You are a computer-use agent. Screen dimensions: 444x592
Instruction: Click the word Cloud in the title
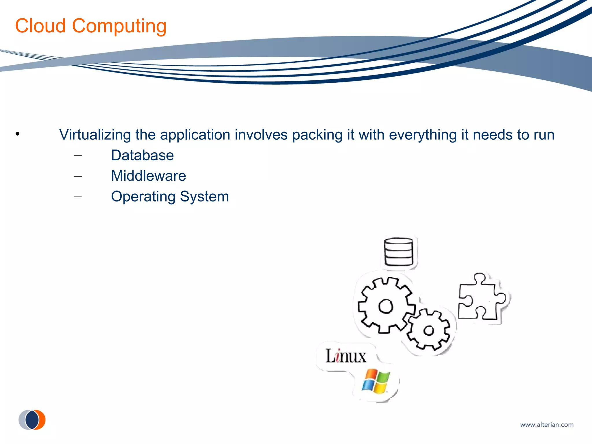(x=40, y=26)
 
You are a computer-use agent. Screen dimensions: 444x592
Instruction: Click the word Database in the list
(x=142, y=156)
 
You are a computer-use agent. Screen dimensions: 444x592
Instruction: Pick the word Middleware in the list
(x=148, y=176)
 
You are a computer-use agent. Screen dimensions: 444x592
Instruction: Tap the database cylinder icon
(x=399, y=252)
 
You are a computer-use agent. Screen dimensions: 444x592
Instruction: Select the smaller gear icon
(x=429, y=330)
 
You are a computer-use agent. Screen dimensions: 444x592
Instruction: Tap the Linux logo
(x=346, y=356)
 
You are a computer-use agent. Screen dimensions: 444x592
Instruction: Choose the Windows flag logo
(x=376, y=381)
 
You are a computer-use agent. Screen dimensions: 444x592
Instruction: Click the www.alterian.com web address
(x=547, y=425)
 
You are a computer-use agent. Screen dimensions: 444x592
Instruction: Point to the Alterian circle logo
(x=32, y=419)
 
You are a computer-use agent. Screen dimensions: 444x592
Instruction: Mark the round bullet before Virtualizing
(x=18, y=134)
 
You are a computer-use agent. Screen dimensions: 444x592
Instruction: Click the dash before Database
(x=78, y=156)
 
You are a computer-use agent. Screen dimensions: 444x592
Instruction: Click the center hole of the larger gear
(x=386, y=306)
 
